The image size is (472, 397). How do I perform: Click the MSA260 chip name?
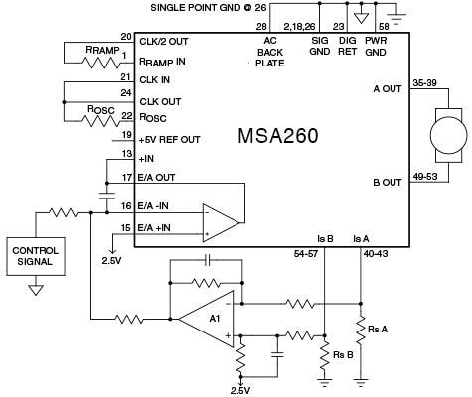click(x=277, y=135)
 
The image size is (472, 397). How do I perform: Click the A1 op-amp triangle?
click(x=212, y=318)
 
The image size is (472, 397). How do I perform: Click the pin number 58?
click(x=385, y=24)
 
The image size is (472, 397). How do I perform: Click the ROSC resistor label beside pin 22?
click(x=102, y=109)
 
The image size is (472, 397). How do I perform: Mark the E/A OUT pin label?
click(x=162, y=178)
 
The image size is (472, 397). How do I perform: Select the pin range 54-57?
click(x=308, y=254)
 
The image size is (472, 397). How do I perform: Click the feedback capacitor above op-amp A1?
click(x=207, y=260)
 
